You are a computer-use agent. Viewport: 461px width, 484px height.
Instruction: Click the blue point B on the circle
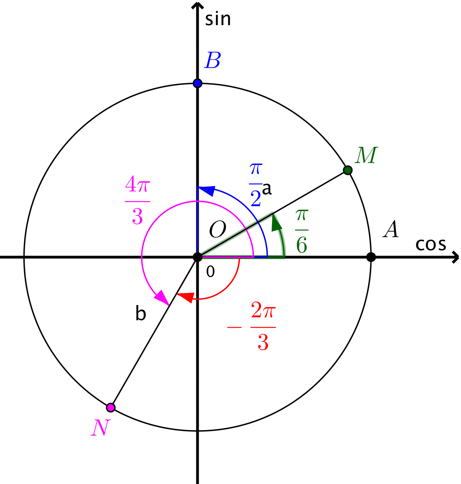click(197, 83)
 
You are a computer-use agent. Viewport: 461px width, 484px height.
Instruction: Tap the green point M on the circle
click(348, 170)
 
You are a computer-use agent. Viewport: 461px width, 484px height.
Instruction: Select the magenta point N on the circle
click(110, 408)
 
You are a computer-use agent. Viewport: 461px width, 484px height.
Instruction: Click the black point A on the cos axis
click(371, 257)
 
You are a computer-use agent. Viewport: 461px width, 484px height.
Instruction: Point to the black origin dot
click(197, 257)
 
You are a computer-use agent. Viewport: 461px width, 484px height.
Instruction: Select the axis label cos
click(431, 245)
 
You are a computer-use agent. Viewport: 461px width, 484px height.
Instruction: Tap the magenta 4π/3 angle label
click(137, 200)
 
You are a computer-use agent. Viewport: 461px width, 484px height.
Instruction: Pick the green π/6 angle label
click(302, 231)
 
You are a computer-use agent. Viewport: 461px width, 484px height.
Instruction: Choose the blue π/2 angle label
click(256, 185)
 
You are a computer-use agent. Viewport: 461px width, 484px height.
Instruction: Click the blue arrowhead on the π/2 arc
click(206, 191)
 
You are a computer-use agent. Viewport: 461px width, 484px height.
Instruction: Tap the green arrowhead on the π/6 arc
click(276, 223)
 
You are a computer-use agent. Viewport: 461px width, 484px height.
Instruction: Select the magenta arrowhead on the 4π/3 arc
click(162, 297)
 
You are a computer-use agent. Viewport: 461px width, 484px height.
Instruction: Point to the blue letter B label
click(212, 60)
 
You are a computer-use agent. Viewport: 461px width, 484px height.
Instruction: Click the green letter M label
click(366, 155)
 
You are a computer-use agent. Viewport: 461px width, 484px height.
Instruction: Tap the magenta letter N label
click(101, 427)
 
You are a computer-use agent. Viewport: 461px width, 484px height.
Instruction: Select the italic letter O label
click(217, 229)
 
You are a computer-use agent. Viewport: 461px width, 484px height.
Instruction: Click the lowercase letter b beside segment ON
click(141, 313)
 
